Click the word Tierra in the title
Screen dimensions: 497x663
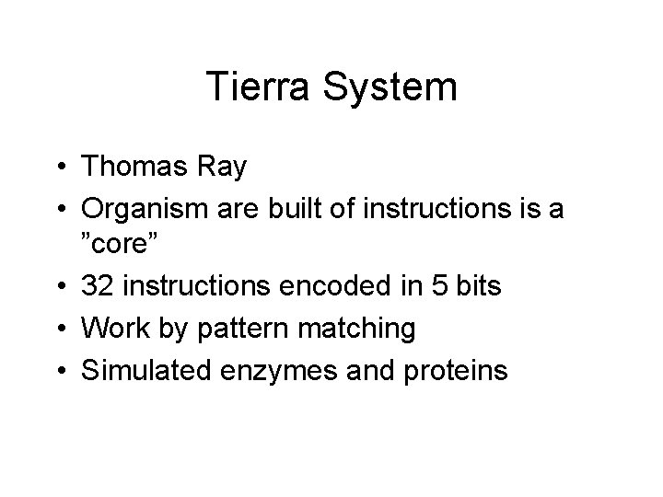(262, 87)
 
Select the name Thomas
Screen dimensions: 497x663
(136, 167)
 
